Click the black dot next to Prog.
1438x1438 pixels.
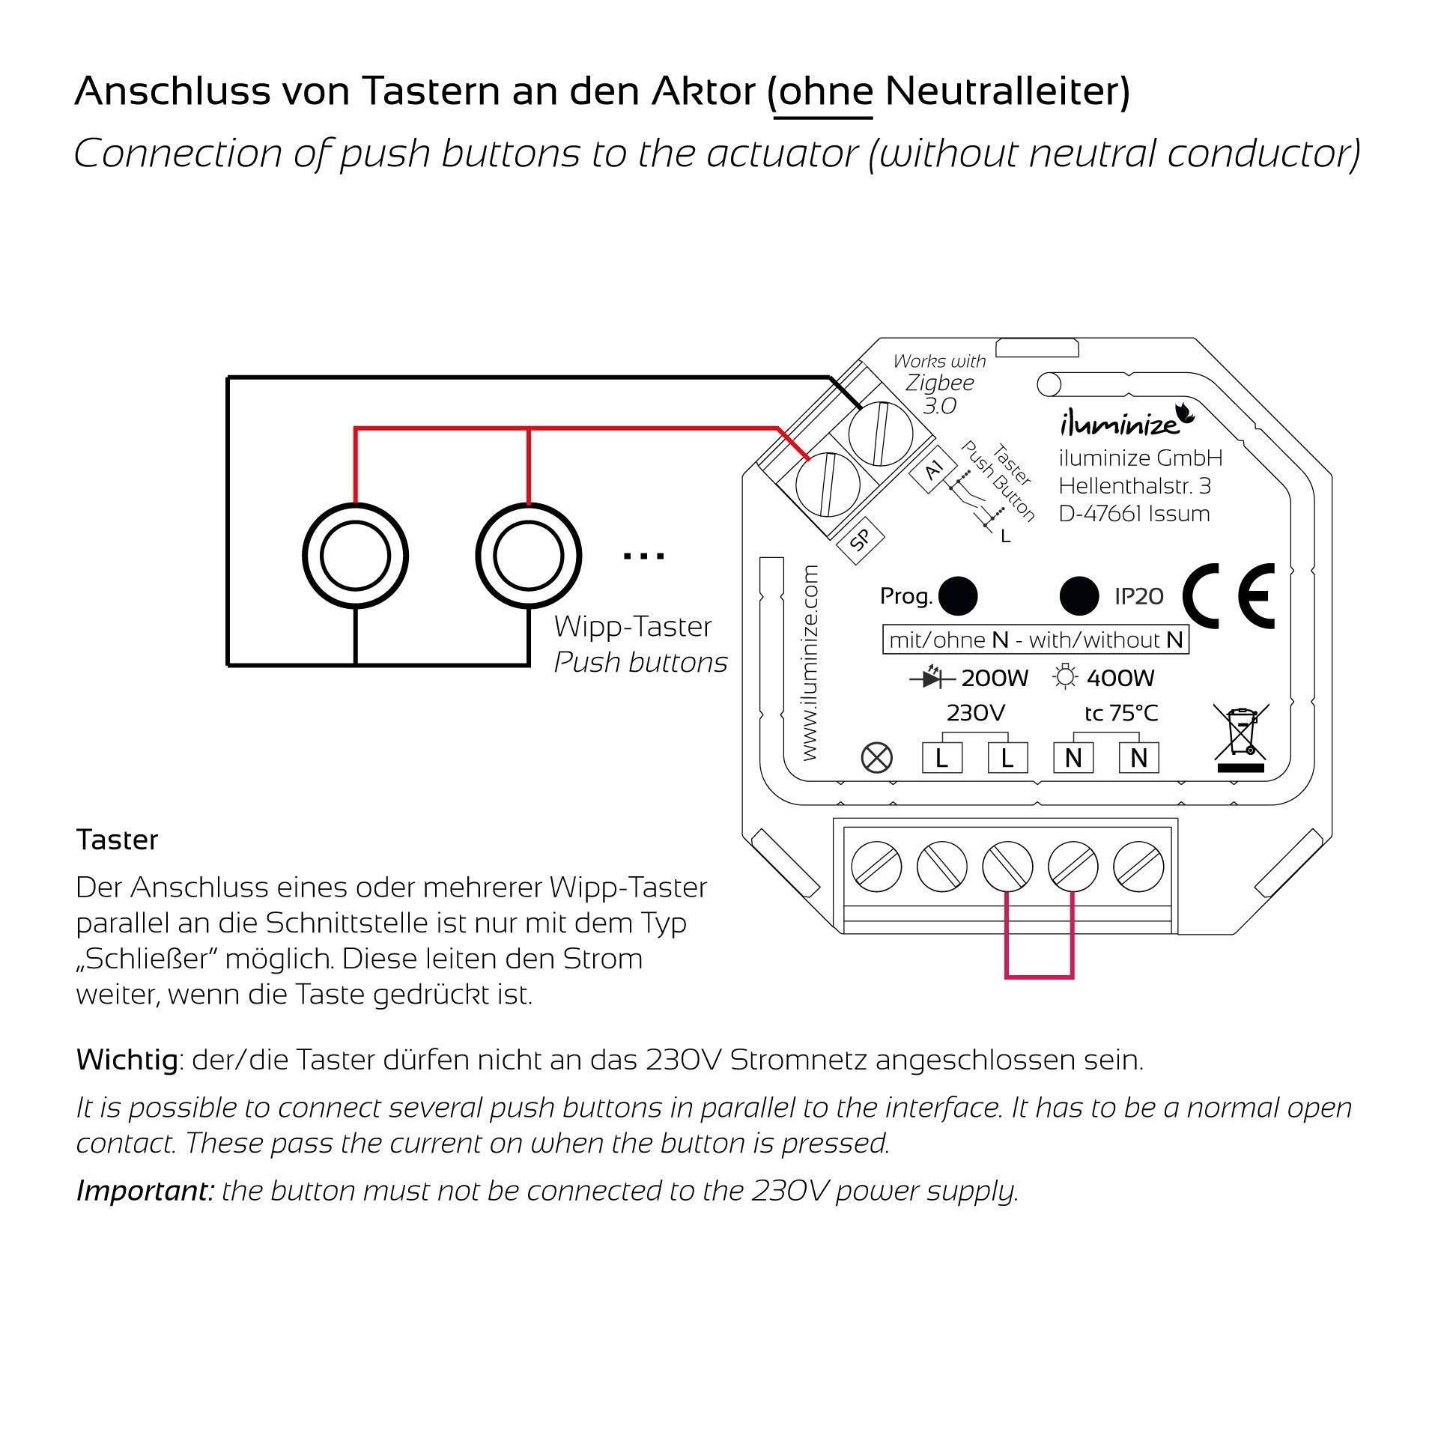(x=957, y=596)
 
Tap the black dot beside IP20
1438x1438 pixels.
(x=1079, y=596)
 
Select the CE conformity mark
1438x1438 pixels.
(x=1229, y=596)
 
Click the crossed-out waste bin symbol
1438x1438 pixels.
(x=1241, y=738)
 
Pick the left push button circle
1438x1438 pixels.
(x=355, y=556)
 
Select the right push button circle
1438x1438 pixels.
(x=529, y=556)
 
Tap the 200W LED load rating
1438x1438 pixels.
(x=994, y=678)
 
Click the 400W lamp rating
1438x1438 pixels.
(x=1120, y=678)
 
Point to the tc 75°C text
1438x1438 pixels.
(x=1121, y=713)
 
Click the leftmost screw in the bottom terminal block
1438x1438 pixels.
(x=876, y=867)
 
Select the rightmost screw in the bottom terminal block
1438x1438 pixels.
(x=1138, y=867)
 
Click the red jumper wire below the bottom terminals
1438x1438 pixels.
(x=1040, y=975)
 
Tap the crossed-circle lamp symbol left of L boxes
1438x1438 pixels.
(x=877, y=758)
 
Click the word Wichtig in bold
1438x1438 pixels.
(x=127, y=1060)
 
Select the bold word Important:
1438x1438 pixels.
(x=145, y=1190)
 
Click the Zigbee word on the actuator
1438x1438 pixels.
(x=940, y=383)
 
